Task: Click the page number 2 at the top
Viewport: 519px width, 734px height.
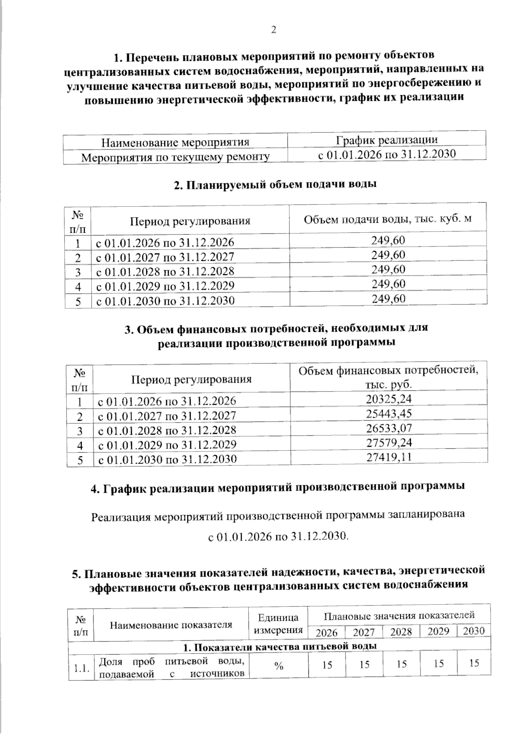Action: (273, 29)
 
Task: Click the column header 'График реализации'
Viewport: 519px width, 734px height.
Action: (387, 140)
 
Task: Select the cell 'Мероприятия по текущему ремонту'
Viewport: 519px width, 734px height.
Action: (176, 157)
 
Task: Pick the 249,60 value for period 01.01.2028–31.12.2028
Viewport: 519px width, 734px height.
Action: (388, 269)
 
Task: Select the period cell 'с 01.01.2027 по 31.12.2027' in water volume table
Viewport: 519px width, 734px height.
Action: (165, 257)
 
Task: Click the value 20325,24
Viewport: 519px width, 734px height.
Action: (389, 398)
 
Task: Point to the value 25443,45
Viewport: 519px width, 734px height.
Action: (389, 413)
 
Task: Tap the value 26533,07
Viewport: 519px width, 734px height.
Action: (389, 428)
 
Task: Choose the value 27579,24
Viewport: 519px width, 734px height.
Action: (389, 442)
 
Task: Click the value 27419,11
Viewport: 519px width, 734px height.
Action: (389, 457)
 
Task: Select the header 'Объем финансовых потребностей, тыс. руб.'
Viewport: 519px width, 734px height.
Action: (388, 377)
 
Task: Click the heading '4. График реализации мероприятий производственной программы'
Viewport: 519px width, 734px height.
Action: (278, 487)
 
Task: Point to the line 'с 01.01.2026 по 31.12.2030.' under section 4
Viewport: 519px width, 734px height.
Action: (278, 537)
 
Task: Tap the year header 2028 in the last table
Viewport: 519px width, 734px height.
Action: (401, 631)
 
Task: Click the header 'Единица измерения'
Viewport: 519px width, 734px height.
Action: (278, 623)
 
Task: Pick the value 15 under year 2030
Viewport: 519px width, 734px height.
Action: (474, 663)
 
